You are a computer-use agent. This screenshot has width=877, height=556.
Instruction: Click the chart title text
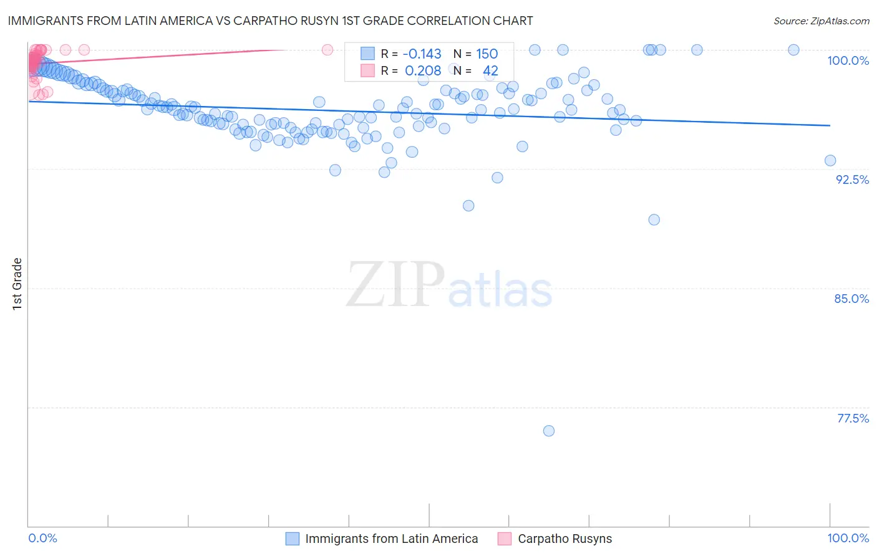pos(270,21)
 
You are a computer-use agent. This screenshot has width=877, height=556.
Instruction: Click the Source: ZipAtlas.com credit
pos(821,21)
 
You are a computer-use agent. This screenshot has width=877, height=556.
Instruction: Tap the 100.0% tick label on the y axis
pos(848,60)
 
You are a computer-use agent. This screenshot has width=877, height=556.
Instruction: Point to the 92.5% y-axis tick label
pos(852,180)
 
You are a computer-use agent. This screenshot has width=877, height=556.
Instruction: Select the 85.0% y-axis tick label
pos(851,299)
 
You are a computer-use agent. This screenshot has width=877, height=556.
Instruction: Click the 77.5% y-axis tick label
pos(853,418)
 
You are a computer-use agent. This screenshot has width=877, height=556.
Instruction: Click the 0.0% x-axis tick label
pos(43,538)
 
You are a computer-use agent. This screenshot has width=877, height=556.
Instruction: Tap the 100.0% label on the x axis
pos(848,538)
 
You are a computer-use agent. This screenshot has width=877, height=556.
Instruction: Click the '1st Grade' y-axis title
pos(17,284)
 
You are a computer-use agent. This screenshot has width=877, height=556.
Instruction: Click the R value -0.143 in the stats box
pos(422,54)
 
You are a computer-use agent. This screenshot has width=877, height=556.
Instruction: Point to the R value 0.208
pos(423,71)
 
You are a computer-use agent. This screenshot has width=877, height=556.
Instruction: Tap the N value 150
pos(487,54)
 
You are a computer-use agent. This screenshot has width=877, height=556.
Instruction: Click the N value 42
pos(490,71)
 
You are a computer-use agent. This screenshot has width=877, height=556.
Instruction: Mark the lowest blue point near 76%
pos(549,431)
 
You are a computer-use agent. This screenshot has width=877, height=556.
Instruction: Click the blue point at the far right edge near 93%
pos(830,160)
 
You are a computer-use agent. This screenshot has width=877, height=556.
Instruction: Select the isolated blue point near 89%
pos(654,219)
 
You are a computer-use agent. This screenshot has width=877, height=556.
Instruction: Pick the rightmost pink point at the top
pos(327,50)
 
